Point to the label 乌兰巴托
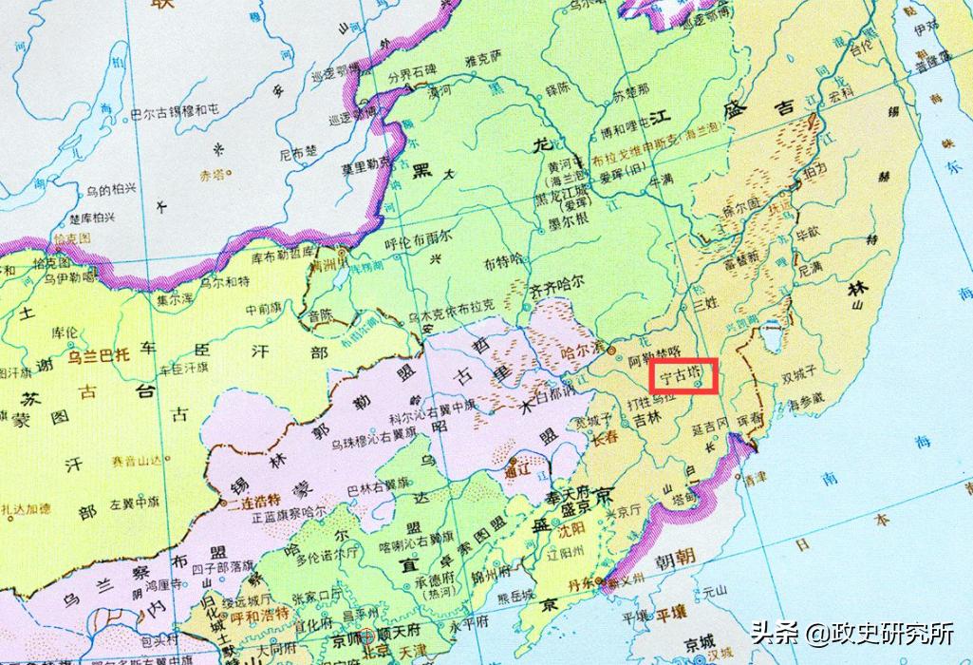coord(98,356)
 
